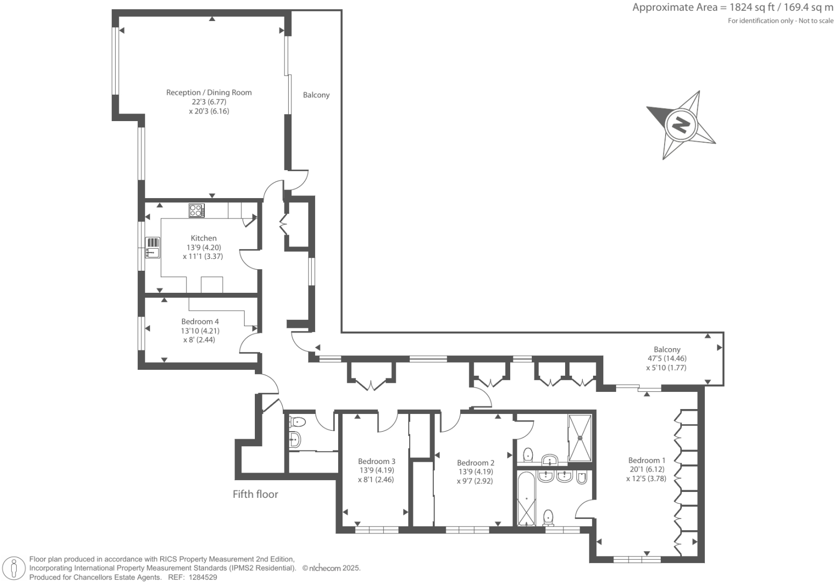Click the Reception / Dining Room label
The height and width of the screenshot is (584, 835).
click(x=209, y=93)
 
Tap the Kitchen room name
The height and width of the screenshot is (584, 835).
click(x=204, y=238)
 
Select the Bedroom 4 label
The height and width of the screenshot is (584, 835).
click(x=200, y=322)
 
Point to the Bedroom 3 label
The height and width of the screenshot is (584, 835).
click(x=376, y=461)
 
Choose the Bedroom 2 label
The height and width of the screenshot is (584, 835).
click(x=475, y=463)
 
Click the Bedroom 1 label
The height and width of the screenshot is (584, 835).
click(x=646, y=460)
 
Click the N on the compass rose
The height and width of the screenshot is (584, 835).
click(x=681, y=125)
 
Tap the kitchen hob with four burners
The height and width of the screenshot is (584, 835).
click(x=196, y=210)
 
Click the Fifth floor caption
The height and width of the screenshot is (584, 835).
click(x=255, y=494)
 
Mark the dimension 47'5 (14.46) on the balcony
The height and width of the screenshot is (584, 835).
click(x=667, y=358)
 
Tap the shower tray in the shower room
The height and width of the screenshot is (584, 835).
click(x=580, y=438)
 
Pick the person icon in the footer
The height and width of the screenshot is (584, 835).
click(x=15, y=568)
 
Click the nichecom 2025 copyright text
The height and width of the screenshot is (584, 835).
click(x=331, y=568)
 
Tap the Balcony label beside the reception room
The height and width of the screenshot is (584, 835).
click(x=316, y=95)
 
